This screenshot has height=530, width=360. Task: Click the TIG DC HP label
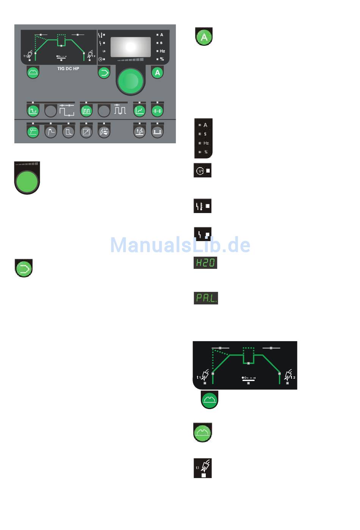68,69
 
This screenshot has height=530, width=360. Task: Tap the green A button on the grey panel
157,72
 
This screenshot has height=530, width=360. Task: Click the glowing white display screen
130,47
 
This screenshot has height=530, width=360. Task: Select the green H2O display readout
205,262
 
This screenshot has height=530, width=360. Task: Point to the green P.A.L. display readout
206,298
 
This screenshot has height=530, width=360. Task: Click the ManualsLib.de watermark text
180,245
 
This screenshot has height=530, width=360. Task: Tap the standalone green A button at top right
204,37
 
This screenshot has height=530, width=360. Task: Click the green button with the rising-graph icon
139,111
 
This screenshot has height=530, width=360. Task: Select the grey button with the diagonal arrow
86,132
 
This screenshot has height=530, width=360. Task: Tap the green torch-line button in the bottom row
33,132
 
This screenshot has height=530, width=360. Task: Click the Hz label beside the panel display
162,51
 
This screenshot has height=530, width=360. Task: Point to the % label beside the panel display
162,59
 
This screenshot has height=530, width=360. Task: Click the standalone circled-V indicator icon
202,171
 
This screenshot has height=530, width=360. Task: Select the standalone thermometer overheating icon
202,206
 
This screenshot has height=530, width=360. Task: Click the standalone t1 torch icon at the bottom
203,468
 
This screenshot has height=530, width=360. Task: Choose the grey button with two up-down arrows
157,132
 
